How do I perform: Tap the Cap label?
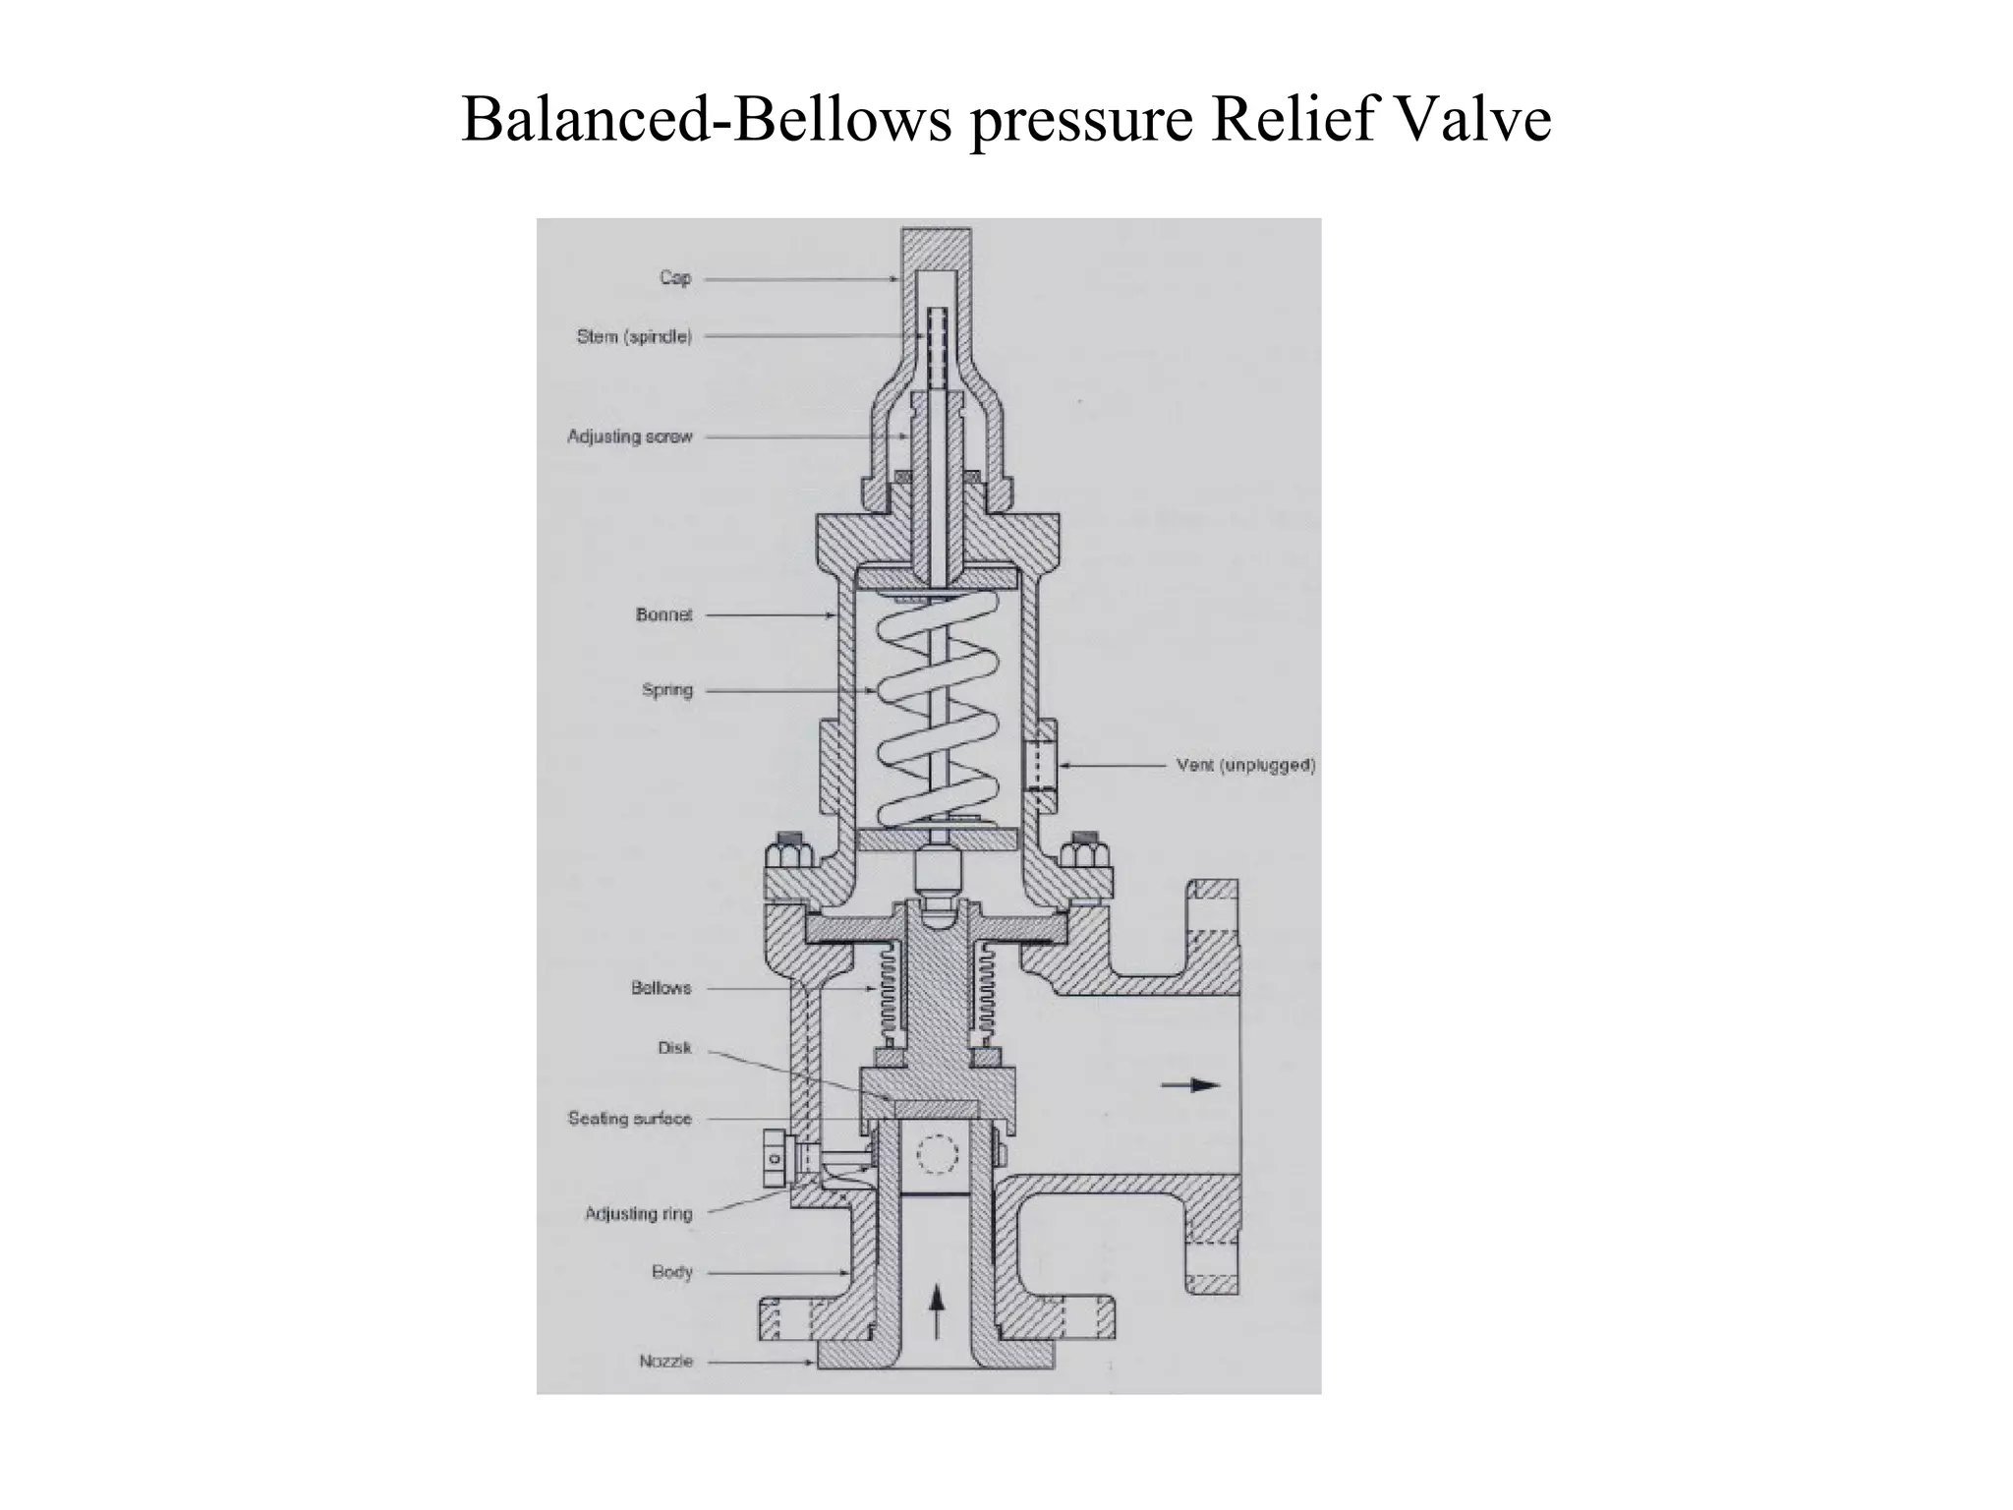click(675, 278)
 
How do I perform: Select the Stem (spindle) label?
click(634, 336)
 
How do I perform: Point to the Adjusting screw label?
click(630, 436)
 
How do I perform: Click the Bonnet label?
click(664, 615)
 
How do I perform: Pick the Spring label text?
click(667, 690)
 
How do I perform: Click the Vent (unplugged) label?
click(1245, 766)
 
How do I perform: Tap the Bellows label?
click(661, 988)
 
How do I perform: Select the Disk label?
click(675, 1048)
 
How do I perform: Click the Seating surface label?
click(630, 1119)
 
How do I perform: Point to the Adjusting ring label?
click(639, 1214)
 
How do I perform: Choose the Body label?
click(672, 1272)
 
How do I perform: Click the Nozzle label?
click(666, 1362)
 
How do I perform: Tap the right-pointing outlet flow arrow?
click(1190, 1085)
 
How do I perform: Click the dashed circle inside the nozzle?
click(936, 1156)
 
